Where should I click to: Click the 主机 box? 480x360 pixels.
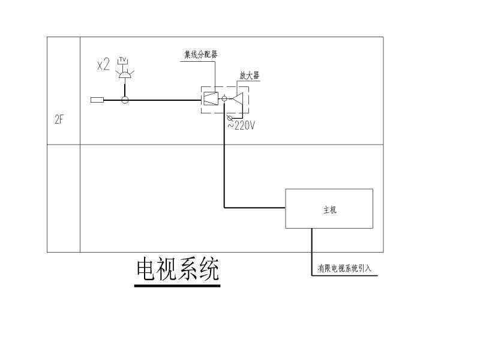pos(329,208)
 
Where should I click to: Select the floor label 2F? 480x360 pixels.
pos(59,119)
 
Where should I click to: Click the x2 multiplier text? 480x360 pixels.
pos(104,65)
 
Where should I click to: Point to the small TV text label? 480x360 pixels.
pos(123,59)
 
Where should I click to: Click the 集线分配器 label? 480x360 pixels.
pos(200,54)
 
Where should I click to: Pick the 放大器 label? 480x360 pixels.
pos(250,76)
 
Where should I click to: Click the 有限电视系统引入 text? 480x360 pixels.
pos(345,269)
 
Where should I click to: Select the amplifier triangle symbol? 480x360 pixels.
pos(238,99)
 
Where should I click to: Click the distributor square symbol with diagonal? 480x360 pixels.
pos(210,98)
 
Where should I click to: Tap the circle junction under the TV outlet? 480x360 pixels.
pos(125,100)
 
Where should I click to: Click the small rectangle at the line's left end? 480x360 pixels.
pos(97,100)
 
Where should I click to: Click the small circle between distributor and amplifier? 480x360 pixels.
pos(224,99)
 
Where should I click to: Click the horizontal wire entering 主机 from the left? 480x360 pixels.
pos(255,208)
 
